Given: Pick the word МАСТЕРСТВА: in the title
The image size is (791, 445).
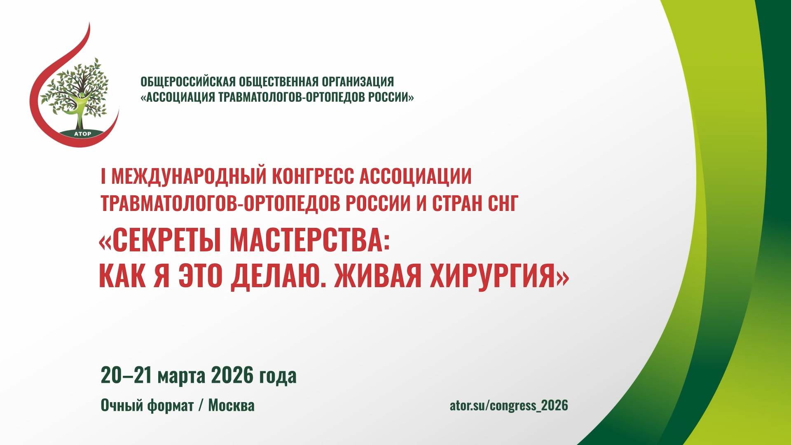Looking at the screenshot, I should pyautogui.click(x=309, y=241).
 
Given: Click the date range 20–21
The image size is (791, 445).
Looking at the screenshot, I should pyautogui.click(x=125, y=375).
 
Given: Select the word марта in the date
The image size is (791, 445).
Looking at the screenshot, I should pyautogui.click(x=181, y=375).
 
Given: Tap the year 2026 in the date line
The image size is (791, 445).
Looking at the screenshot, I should pyautogui.click(x=232, y=375).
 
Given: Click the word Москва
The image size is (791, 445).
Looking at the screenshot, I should pyautogui.click(x=231, y=405).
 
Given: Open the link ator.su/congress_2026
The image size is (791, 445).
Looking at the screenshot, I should pyautogui.click(x=508, y=405).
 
